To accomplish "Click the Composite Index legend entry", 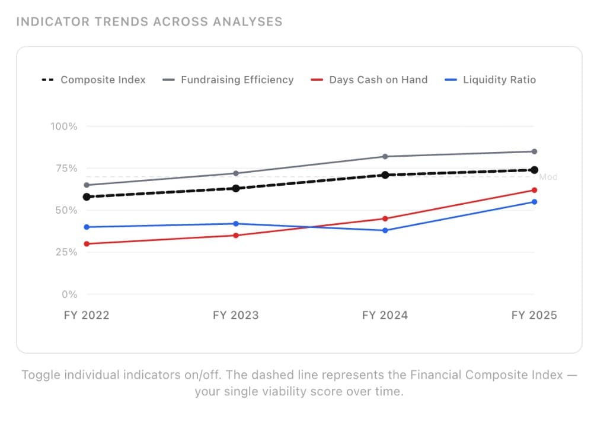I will tap(94, 80).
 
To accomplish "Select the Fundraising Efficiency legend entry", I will tap(228, 80).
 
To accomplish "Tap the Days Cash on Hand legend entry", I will tap(370, 80).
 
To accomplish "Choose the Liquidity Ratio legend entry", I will tap(490, 80).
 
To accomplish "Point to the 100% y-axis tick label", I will tap(64, 126).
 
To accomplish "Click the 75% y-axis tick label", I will tap(66, 169).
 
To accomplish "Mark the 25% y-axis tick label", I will tap(66, 252).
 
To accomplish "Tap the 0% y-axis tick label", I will tap(69, 294).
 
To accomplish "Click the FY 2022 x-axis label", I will tap(87, 315).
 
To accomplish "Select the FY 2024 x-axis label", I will tap(385, 315).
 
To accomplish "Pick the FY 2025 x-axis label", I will tap(534, 315).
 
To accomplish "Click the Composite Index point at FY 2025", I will tap(534, 170).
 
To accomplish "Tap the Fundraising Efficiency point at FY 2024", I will tap(385, 157).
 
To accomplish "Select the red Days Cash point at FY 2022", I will tap(87, 244).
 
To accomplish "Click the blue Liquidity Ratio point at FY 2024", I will tap(385, 230).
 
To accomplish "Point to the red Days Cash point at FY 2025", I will tap(534, 190).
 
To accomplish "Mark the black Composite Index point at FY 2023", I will tap(236, 188).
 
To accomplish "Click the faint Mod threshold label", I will tap(548, 177).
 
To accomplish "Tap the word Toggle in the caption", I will tap(39, 375).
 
